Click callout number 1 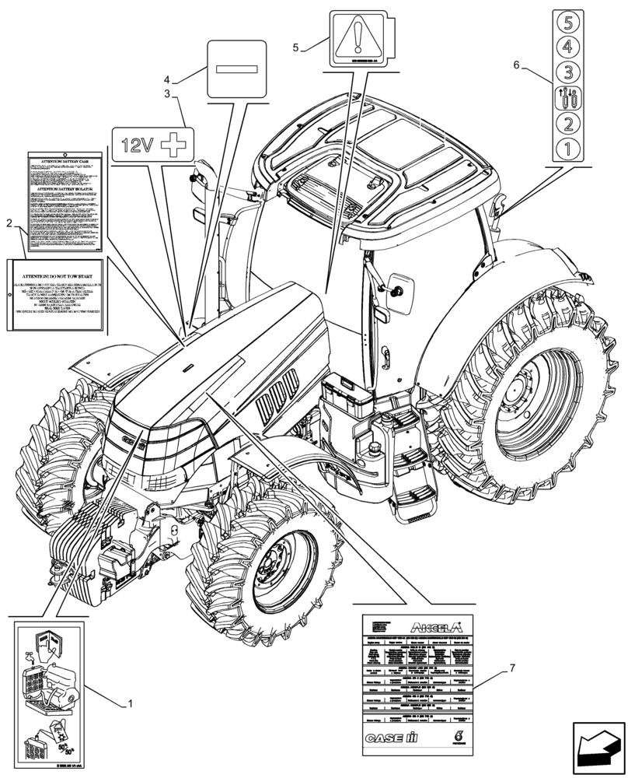(x=130, y=703)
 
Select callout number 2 (x=9, y=223)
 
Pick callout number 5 (x=296, y=47)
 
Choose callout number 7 (x=512, y=668)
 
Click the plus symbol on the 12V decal (x=176, y=144)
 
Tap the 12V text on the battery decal (x=138, y=144)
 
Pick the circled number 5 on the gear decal (x=567, y=23)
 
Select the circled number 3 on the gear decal (x=567, y=73)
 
